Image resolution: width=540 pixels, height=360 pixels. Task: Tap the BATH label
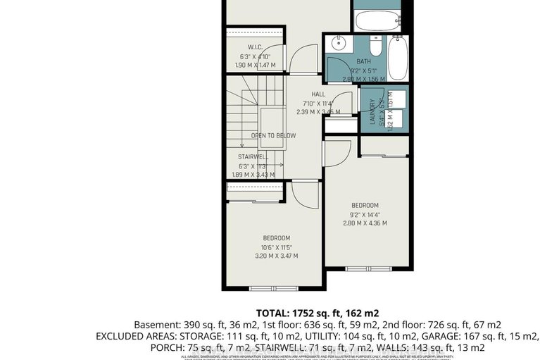tap(363, 62)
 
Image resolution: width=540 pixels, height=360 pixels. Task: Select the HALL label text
tap(318, 94)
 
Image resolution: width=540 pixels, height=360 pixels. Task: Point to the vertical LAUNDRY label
tap(372, 111)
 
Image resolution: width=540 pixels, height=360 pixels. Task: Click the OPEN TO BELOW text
tap(273, 135)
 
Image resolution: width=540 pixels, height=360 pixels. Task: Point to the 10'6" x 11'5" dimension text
tap(277, 247)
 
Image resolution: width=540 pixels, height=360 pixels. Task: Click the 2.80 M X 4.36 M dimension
tap(365, 223)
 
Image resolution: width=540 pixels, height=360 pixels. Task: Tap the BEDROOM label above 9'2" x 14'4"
tap(365, 205)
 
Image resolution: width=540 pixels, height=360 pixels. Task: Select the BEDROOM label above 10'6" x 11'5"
tap(277, 238)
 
